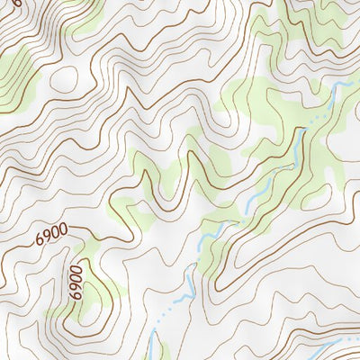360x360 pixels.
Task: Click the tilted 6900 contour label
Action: point(51,236)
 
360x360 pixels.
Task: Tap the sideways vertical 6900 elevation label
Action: point(75,281)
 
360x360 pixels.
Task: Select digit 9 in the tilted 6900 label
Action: point(48,237)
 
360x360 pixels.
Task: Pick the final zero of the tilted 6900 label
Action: point(63,231)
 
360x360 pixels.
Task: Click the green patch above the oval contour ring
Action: point(85,22)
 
